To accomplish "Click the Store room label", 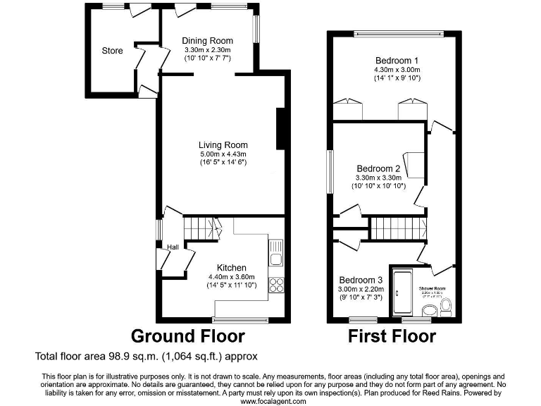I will (x=112, y=51).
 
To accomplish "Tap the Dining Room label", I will (x=207, y=41).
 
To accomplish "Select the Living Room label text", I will (x=223, y=144).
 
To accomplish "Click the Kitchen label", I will (x=231, y=268).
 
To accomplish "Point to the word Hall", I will (x=173, y=247).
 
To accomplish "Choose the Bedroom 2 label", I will (x=378, y=169).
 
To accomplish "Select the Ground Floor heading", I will (x=188, y=336).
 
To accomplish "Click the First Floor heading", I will (x=392, y=336).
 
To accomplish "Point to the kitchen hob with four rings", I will (x=275, y=286).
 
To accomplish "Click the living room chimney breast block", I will (x=281, y=129).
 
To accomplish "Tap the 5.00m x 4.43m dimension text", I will (x=223, y=154).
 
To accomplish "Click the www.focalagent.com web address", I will (x=273, y=401).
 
